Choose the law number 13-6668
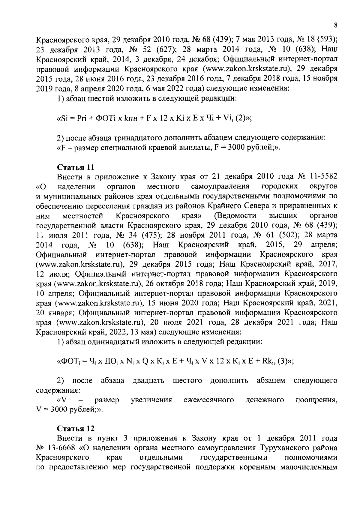(x=61, y=448)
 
